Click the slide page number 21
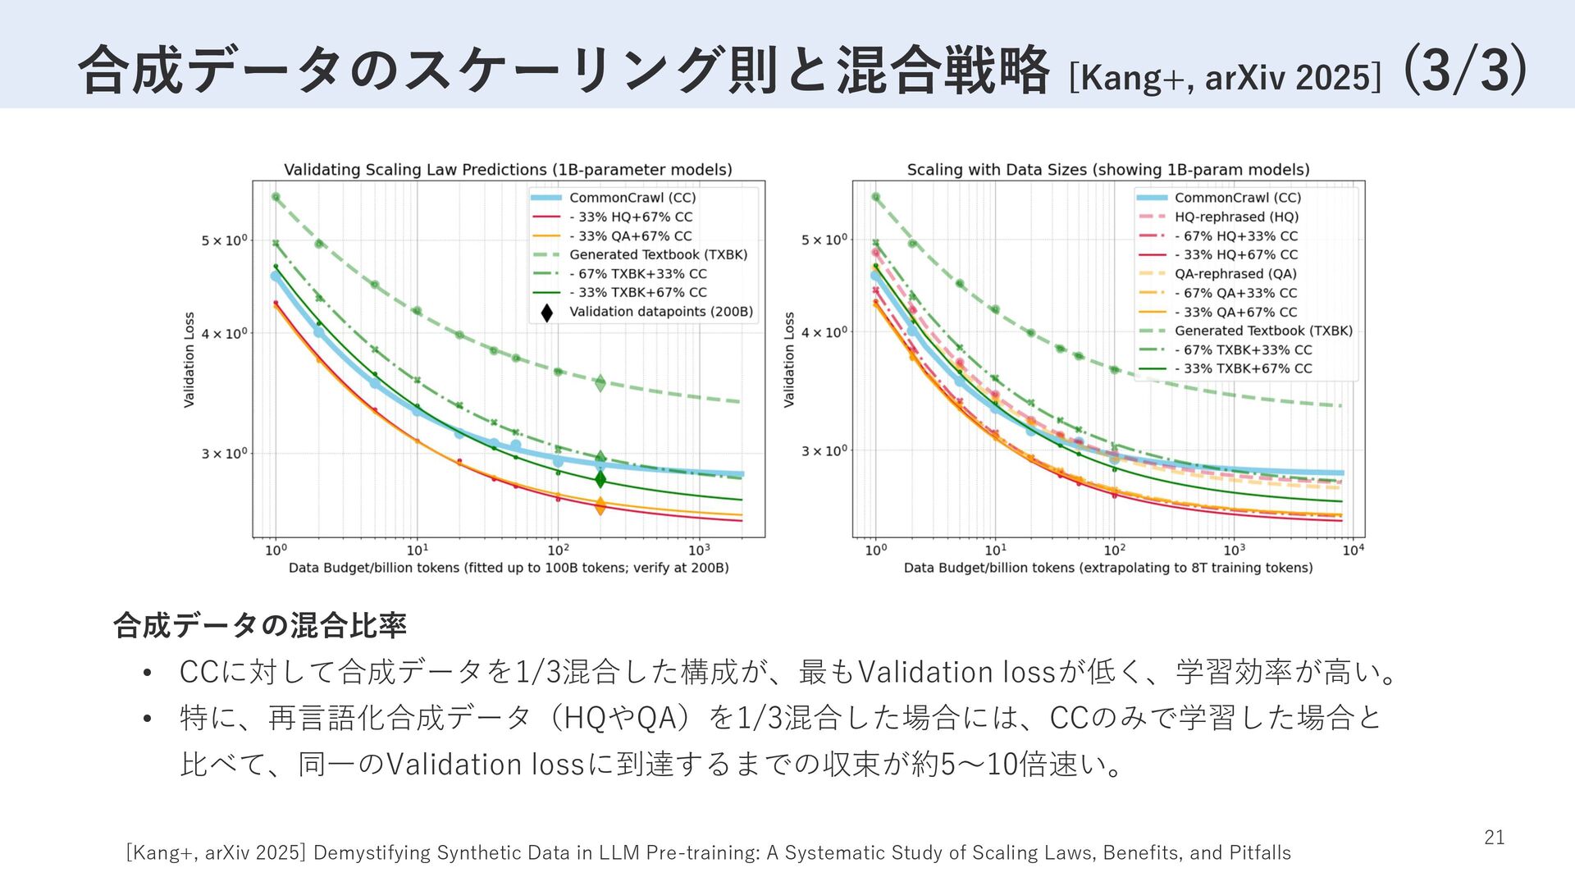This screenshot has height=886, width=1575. click(1494, 838)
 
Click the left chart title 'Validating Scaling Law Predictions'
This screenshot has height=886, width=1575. click(508, 170)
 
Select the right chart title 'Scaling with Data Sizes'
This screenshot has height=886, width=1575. click(1107, 170)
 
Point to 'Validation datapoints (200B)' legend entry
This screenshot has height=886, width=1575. click(660, 312)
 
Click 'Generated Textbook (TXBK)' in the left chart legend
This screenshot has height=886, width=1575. click(658, 255)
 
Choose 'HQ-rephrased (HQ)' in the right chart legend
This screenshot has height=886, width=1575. click(1236, 217)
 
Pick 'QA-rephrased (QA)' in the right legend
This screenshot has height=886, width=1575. click(1235, 274)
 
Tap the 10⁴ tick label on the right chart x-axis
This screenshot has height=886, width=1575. click(1353, 550)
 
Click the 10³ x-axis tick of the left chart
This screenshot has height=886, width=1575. click(698, 550)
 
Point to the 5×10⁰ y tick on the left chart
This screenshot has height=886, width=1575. click(224, 241)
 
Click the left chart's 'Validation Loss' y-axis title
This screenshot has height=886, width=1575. click(189, 359)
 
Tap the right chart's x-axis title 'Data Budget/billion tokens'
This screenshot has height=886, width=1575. click(1107, 568)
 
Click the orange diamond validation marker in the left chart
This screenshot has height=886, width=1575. click(600, 506)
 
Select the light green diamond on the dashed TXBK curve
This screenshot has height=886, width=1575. click(600, 382)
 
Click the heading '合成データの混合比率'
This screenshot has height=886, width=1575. click(259, 626)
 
